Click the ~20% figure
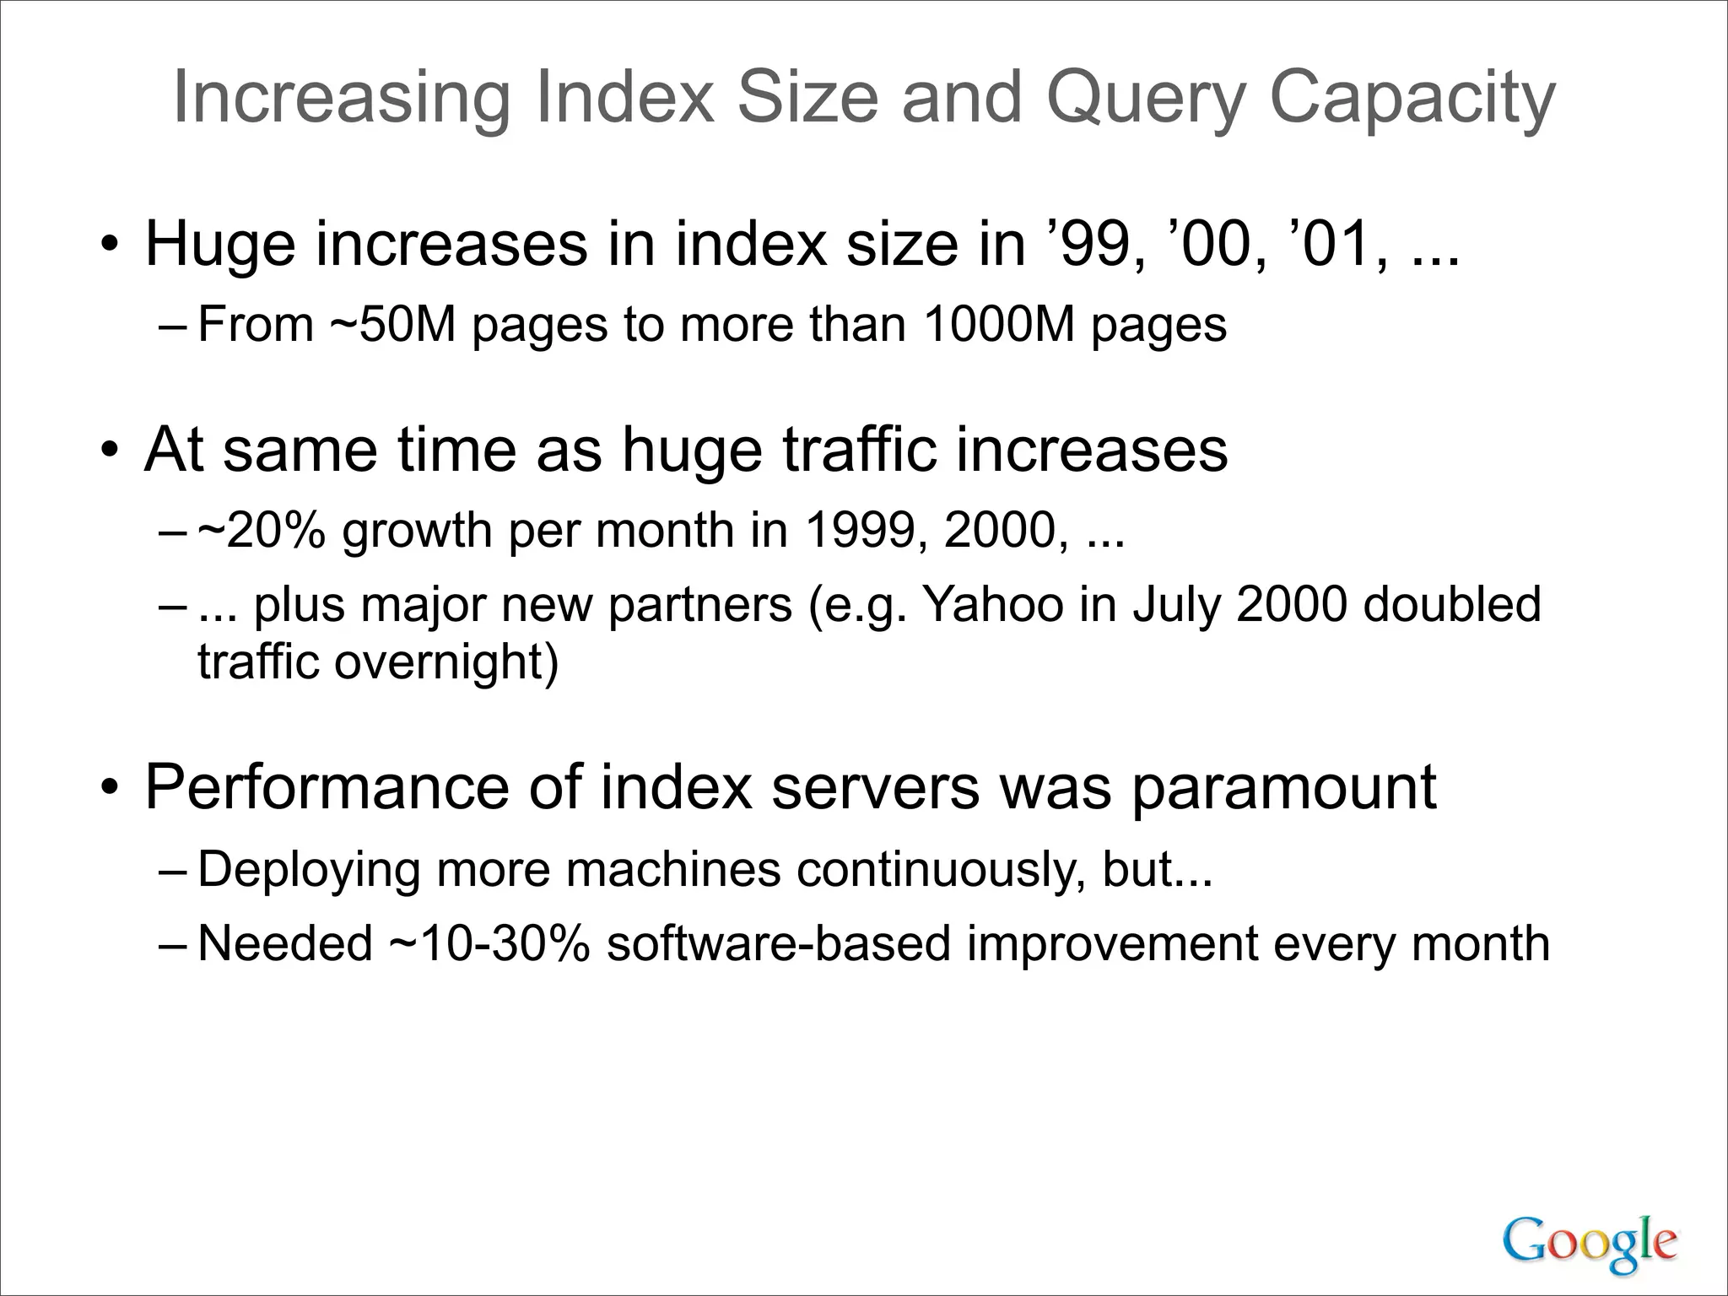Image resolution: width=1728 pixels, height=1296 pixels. tap(262, 531)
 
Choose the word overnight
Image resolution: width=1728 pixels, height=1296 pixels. tap(445, 661)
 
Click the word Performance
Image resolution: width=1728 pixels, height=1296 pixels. tap(327, 787)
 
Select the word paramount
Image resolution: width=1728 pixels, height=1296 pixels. tap(1282, 787)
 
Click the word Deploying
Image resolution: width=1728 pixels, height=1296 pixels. tap(309, 870)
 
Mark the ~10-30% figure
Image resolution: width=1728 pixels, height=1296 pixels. tap(489, 943)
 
